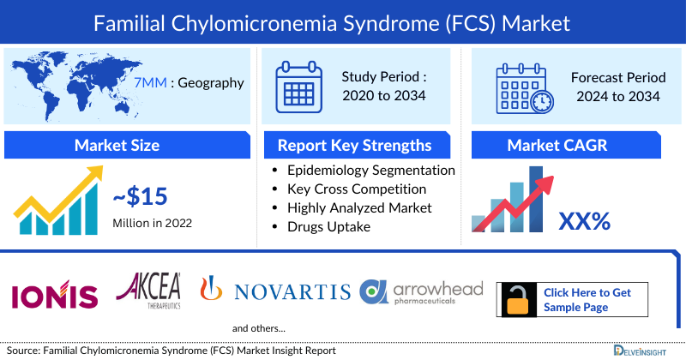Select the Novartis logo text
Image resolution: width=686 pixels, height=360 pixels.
point(292,292)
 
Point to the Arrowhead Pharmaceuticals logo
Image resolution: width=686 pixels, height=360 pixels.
point(421,293)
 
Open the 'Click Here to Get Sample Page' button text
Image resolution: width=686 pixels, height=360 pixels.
point(587,300)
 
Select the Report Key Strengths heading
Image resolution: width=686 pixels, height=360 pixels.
point(354,145)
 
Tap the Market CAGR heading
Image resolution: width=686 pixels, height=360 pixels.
point(569,145)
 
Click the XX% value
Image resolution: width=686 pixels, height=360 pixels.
point(584,222)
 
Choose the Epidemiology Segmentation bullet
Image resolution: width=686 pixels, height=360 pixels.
point(371,171)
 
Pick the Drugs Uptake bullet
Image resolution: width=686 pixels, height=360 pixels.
point(330,227)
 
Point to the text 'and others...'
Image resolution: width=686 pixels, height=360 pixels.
point(259,328)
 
